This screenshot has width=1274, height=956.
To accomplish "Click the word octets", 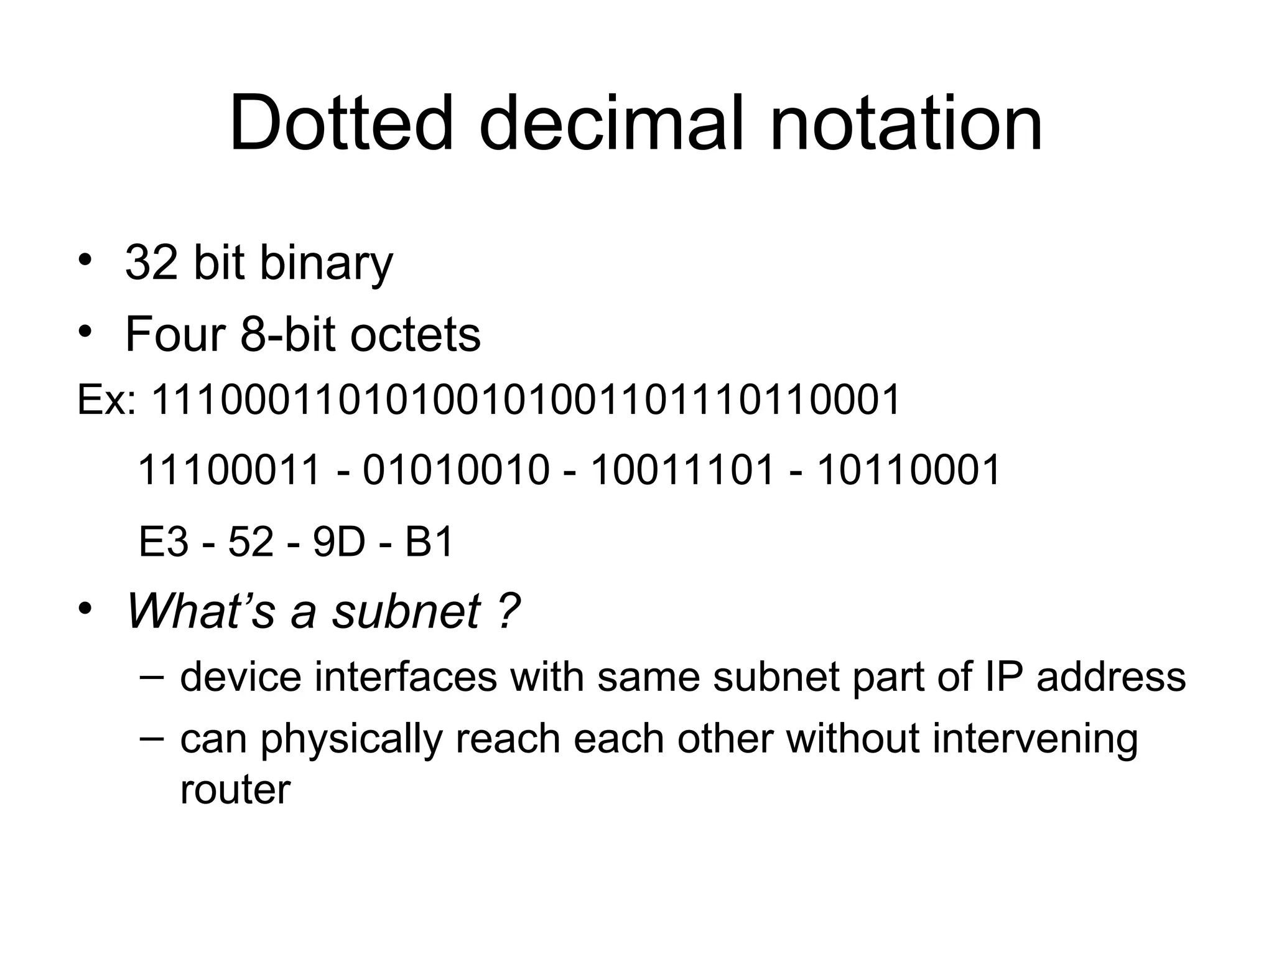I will [x=416, y=335].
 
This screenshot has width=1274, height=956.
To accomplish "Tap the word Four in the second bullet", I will [x=175, y=335].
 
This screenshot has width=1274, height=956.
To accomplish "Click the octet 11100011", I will [x=229, y=470].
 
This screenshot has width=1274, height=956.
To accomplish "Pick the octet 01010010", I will [x=456, y=470].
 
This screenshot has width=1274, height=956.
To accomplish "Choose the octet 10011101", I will [x=682, y=470].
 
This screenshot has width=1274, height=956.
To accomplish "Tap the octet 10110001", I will [x=908, y=470].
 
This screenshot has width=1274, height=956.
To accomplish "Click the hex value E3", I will [x=163, y=542].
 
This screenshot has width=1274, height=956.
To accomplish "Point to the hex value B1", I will [x=429, y=542].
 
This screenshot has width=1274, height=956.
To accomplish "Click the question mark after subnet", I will [x=509, y=611].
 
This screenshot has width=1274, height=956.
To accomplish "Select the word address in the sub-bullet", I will [x=1112, y=677].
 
